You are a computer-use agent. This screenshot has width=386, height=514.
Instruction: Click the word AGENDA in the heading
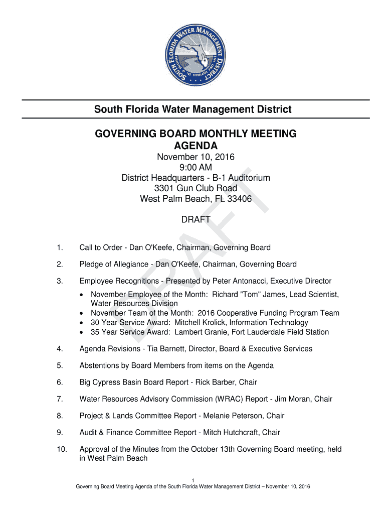click(x=196, y=146)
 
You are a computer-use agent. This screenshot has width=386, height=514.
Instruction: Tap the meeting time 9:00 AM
click(x=196, y=168)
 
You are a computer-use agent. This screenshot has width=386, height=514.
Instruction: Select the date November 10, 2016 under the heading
click(x=196, y=158)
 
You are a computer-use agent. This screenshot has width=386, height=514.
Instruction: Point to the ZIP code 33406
click(x=240, y=199)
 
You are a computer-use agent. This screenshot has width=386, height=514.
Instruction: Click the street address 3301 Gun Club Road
click(x=196, y=188)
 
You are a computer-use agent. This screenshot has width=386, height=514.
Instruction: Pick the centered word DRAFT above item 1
click(x=196, y=220)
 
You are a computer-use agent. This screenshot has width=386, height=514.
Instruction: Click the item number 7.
click(x=60, y=399)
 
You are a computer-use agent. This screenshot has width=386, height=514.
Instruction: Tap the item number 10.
click(x=61, y=449)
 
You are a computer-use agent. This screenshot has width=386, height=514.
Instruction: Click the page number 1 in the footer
click(x=193, y=479)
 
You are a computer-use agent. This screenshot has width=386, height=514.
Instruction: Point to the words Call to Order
click(x=101, y=247)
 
